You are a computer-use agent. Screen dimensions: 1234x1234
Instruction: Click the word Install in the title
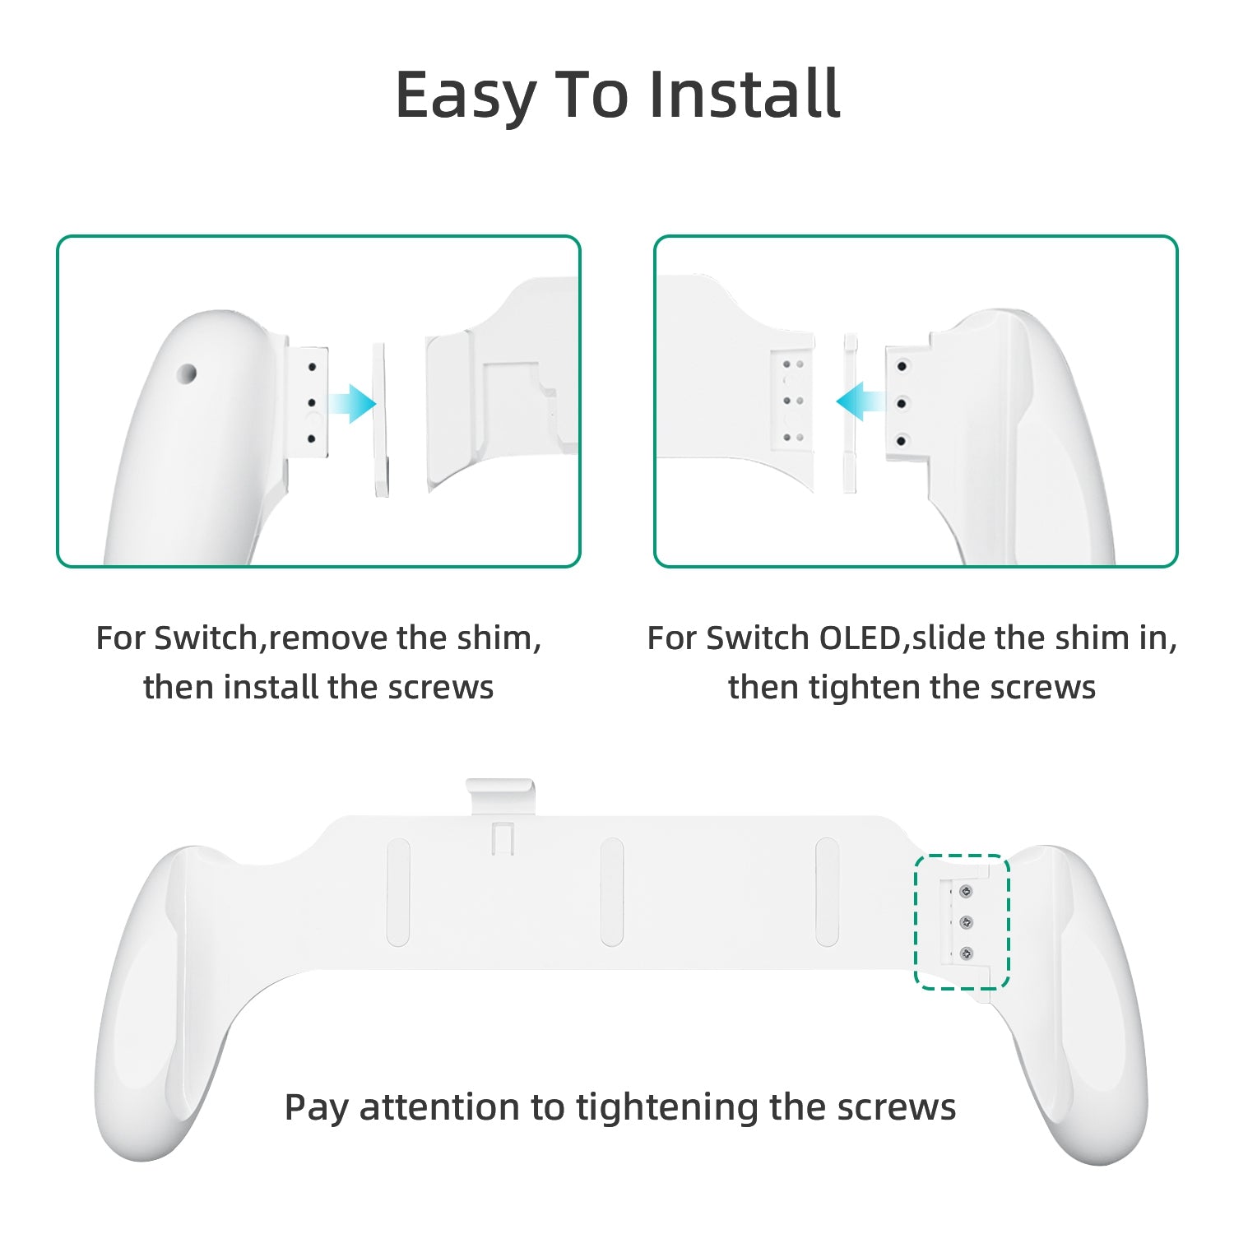[745, 94]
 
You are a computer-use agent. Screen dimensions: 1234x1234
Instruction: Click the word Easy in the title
[466, 97]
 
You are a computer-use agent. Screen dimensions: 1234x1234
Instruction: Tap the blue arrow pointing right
[351, 403]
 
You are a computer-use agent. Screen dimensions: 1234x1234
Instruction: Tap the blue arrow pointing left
[861, 401]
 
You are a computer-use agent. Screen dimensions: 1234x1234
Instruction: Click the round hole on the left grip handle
[188, 374]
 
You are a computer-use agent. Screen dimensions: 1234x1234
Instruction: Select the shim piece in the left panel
[381, 420]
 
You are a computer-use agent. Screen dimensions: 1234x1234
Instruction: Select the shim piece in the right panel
[850, 414]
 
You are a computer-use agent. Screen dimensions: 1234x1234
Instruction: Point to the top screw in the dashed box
[966, 891]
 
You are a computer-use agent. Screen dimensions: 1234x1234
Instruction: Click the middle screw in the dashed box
[966, 922]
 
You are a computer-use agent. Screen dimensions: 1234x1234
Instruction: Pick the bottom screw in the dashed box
[966, 954]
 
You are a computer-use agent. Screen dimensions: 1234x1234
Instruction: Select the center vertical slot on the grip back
[612, 892]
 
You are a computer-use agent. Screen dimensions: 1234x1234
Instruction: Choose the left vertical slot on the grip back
[398, 892]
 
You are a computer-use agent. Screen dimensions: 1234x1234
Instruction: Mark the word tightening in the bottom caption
[666, 1107]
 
